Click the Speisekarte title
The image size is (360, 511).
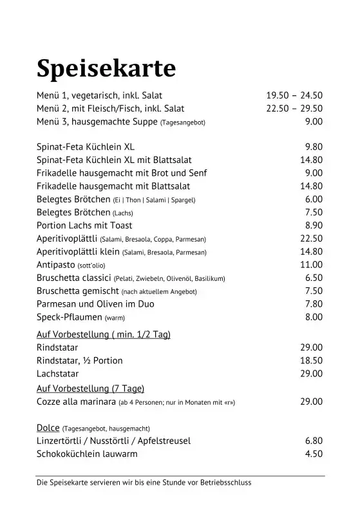[x=106, y=67]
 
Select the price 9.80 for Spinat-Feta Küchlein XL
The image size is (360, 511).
[x=313, y=146]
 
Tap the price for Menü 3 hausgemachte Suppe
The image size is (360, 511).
[x=313, y=122]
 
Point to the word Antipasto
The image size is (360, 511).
[x=55, y=265]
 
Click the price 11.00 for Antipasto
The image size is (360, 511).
[x=311, y=265]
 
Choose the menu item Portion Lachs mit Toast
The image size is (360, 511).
[x=84, y=226]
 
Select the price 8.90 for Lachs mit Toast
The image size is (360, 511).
[x=313, y=226]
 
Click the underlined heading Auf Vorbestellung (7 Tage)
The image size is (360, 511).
[x=90, y=388]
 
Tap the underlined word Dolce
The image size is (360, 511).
[x=48, y=427]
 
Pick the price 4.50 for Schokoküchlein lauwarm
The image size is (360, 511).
[x=313, y=454]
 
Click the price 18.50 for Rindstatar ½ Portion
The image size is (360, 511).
[x=311, y=360]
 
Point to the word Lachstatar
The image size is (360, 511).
[x=58, y=373]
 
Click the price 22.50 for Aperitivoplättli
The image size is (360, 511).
[x=311, y=238]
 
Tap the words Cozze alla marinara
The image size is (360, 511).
[x=76, y=401]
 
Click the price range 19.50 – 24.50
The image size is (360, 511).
[x=294, y=95]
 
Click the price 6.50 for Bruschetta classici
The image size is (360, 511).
[x=313, y=278]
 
